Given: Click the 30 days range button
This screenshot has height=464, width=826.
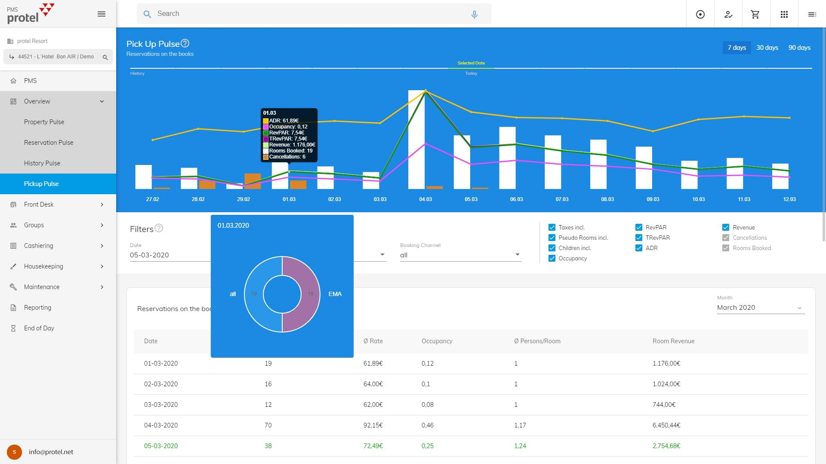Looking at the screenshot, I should tap(767, 48).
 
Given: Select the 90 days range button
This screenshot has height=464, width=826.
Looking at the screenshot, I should tap(799, 48).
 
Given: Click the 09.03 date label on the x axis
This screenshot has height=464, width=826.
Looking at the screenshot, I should tap(653, 199).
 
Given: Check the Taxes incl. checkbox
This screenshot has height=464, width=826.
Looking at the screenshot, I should tap(552, 227).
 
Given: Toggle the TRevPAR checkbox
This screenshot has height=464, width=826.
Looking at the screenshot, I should tap(639, 238).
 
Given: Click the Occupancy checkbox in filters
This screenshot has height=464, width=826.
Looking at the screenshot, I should tap(552, 258).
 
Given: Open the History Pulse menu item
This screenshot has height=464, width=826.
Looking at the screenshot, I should tap(42, 163).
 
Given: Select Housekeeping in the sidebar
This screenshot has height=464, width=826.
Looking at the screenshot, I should tap(43, 266).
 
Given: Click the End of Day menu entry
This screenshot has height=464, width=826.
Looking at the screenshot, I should tap(39, 328).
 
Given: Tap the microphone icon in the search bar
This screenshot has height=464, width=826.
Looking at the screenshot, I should tap(474, 14).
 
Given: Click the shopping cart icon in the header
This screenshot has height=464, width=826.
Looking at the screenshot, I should tap(755, 14).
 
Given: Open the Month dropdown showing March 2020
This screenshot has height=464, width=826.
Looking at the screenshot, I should tap(760, 308).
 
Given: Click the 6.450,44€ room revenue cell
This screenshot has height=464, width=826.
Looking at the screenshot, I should tap(666, 425).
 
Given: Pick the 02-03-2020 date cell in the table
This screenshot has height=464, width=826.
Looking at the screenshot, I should tap(161, 384).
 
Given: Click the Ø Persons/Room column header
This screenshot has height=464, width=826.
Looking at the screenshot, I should tap(537, 341).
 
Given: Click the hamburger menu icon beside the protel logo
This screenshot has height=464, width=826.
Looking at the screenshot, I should tap(102, 14).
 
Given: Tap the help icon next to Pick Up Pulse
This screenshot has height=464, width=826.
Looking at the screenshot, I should tap(185, 43).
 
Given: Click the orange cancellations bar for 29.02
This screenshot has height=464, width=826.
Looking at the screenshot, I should tap(253, 181).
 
